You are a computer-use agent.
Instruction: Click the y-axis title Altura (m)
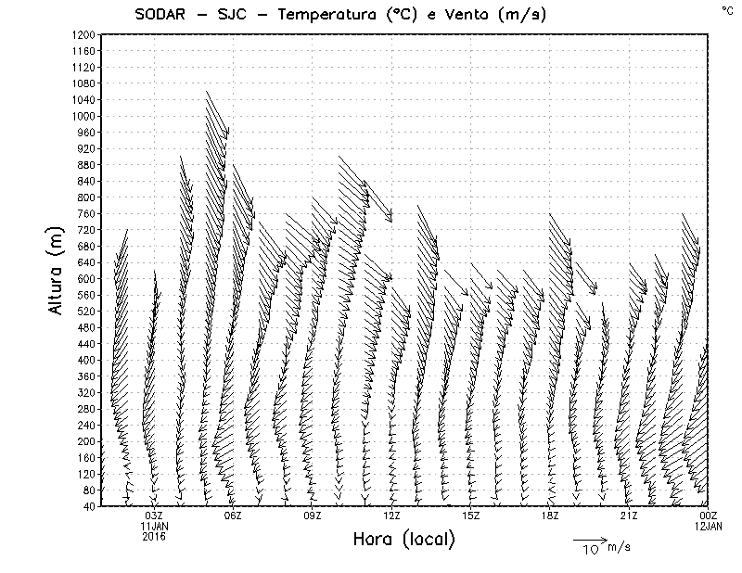click(57, 269)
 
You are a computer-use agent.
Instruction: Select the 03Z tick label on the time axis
click(154, 516)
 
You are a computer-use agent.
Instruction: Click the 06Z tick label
click(233, 516)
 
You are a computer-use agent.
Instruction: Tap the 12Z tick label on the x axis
click(391, 516)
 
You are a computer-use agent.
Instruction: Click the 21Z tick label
click(629, 516)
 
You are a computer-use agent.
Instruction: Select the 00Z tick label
click(708, 516)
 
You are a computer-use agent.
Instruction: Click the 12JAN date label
click(708, 526)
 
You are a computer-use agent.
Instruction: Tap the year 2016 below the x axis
click(154, 536)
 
